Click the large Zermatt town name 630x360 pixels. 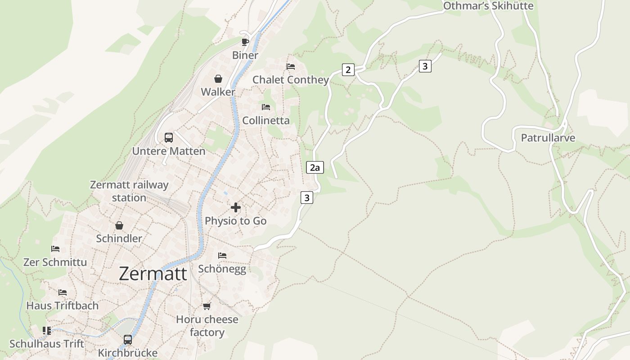(153, 274)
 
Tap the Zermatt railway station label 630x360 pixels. (129, 191)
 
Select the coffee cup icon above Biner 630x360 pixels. (245, 42)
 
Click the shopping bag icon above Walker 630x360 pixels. (218, 79)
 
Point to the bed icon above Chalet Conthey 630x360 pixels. (291, 67)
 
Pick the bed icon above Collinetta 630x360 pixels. (266, 107)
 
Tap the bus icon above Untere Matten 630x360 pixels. (169, 137)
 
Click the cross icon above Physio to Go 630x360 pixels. (235, 207)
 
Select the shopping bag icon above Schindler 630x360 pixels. (119, 225)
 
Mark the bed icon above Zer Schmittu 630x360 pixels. (55, 248)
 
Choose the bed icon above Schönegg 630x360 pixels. (222, 255)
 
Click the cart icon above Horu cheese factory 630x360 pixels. (207, 306)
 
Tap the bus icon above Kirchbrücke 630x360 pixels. (128, 339)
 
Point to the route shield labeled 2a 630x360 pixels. (315, 168)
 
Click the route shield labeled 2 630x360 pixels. (348, 70)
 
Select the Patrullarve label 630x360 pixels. (548, 138)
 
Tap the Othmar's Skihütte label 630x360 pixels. (488, 6)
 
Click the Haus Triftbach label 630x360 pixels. (62, 306)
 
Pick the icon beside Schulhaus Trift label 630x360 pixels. (47, 331)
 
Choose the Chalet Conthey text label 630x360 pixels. (291, 80)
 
